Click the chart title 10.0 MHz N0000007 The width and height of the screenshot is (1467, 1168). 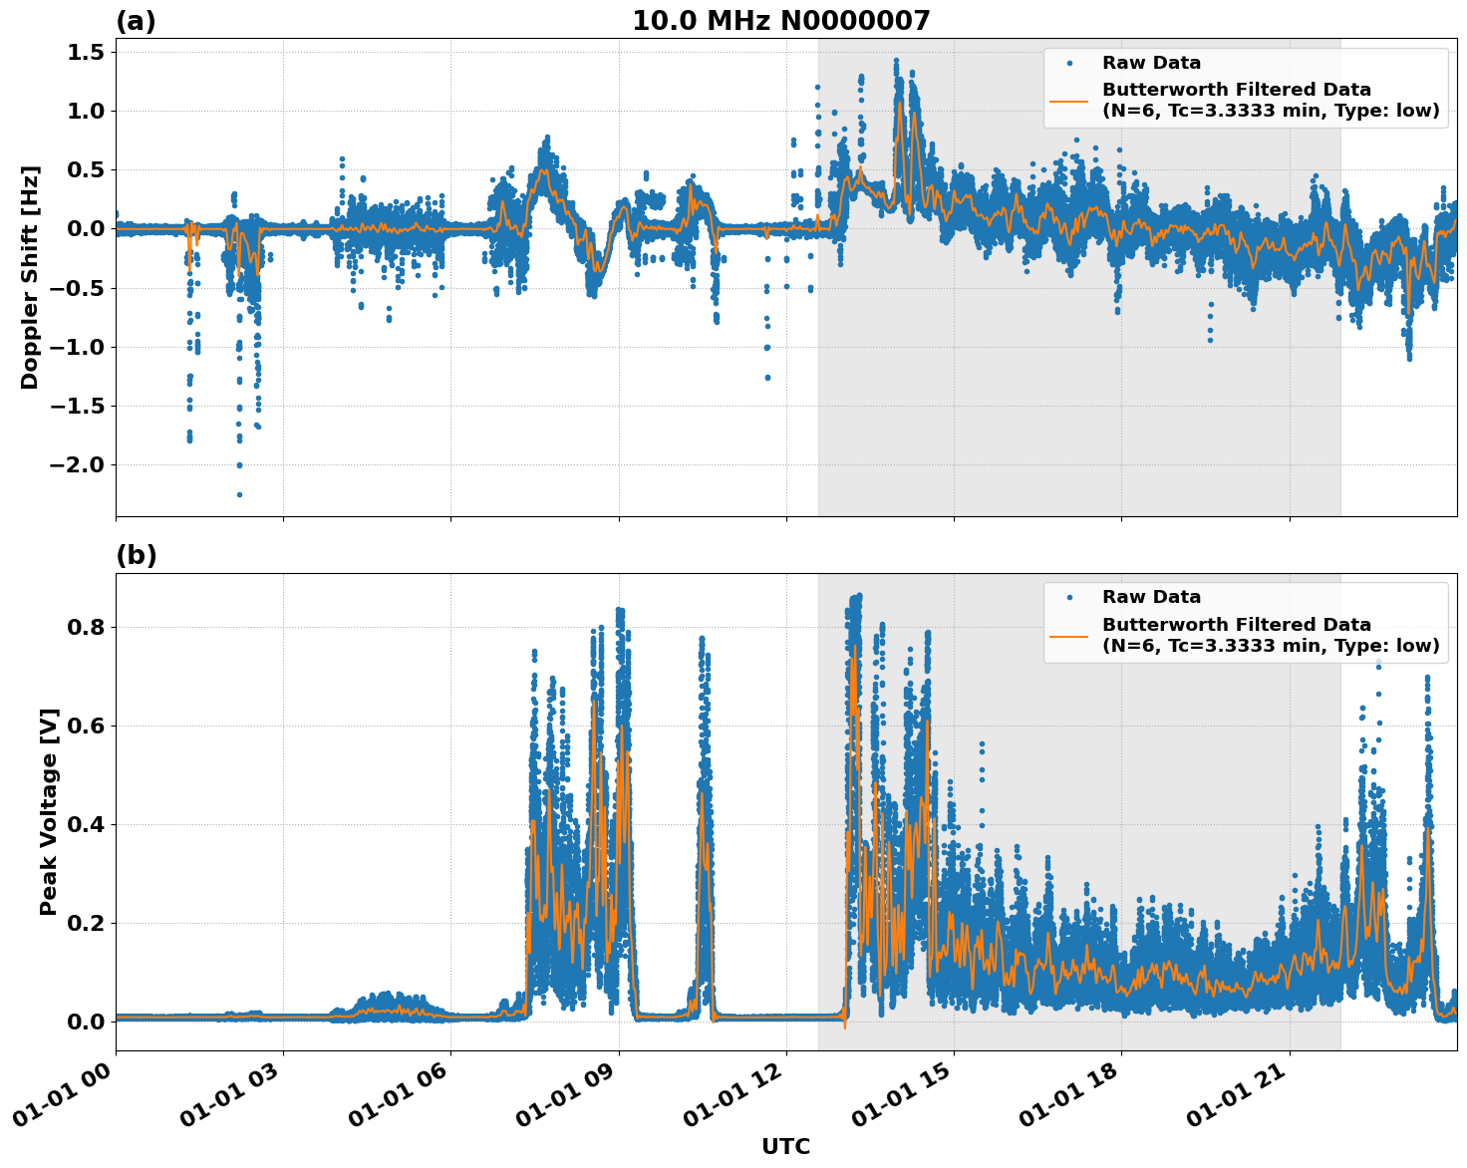(780, 21)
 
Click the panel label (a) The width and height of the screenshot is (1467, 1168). (136, 21)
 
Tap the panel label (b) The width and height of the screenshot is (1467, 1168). (136, 555)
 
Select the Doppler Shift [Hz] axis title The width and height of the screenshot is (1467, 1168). (30, 277)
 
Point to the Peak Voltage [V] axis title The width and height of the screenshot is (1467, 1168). (48, 811)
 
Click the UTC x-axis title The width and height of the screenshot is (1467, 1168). (785, 1146)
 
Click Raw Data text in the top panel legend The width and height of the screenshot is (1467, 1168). (1151, 63)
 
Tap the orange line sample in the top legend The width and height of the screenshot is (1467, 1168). (1068, 100)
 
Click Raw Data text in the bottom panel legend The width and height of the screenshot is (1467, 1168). (1151, 597)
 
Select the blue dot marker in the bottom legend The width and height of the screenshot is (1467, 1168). (1068, 597)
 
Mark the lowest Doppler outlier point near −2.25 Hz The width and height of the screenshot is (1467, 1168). (239, 494)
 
